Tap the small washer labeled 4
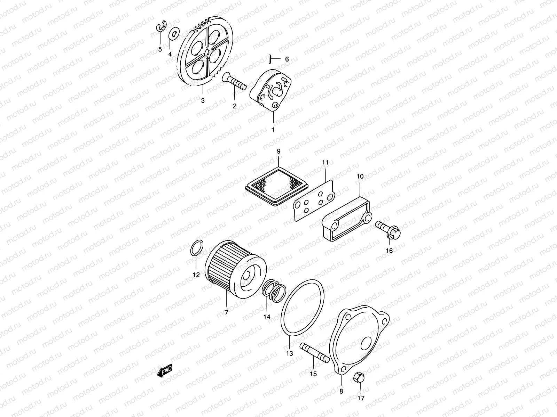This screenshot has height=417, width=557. coord(173,34)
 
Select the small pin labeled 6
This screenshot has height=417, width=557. coord(270,59)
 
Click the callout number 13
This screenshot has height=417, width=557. coord(290,353)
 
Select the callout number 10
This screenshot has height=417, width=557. coord(360,177)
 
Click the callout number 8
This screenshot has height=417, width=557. coord(341,391)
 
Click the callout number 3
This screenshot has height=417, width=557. coord(203,101)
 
